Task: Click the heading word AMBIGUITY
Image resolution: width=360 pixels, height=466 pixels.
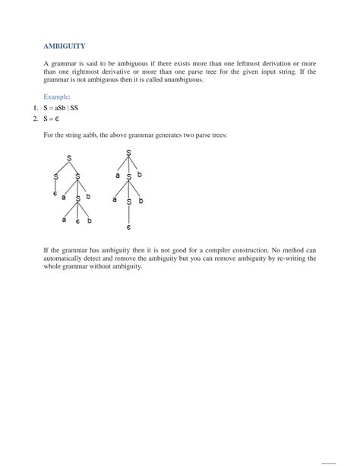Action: click(x=64, y=46)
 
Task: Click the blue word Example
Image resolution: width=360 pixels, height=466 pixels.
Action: click(x=57, y=97)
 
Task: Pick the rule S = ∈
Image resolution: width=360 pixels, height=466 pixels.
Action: click(x=52, y=119)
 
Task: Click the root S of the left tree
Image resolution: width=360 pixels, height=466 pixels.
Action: click(x=69, y=158)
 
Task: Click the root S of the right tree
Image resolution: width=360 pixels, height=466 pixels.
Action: click(x=129, y=153)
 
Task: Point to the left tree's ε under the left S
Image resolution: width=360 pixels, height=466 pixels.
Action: click(x=55, y=194)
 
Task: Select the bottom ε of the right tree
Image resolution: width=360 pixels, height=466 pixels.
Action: click(x=129, y=227)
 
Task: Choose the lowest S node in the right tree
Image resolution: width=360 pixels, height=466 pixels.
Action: click(x=129, y=201)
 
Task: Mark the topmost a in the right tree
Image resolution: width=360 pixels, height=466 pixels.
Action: click(x=118, y=175)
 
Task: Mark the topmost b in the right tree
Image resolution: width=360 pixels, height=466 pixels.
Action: click(x=140, y=175)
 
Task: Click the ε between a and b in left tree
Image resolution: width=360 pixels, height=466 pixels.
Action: click(x=77, y=221)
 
